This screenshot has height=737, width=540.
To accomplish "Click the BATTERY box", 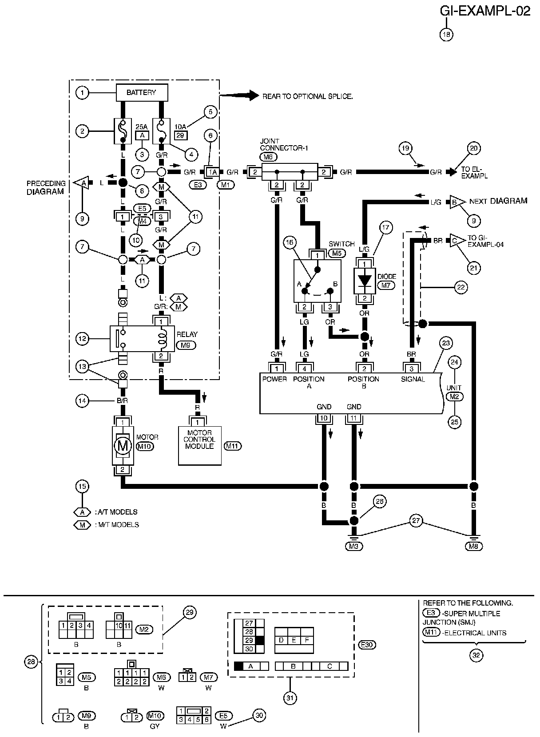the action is point(142,92).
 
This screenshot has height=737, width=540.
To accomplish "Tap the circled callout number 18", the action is point(447,35).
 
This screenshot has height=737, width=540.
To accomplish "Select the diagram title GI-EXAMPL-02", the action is point(485,11).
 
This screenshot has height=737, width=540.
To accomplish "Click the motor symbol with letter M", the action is point(123,446).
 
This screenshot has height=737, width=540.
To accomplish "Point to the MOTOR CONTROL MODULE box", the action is point(200,445).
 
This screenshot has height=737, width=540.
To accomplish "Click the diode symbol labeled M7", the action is point(365,281).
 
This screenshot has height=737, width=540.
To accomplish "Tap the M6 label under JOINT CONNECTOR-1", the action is point(268,157).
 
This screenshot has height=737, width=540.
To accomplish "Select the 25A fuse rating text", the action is point(142,127).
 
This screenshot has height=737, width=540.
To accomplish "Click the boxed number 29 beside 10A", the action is point(180,135).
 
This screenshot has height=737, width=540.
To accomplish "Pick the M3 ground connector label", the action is point(354,547).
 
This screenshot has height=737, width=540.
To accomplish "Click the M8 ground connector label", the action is point(473,547).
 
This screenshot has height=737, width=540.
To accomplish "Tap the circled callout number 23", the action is point(446,343).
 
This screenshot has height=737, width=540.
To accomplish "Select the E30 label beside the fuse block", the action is point(367,645).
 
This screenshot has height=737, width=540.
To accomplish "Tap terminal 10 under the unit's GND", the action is point(324,418).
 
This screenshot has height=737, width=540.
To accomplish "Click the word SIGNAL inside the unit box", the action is point(413,379).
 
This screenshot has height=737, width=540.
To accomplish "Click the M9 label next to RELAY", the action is point(186,345).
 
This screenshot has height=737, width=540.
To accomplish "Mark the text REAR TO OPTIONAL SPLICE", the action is point(308,96).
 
